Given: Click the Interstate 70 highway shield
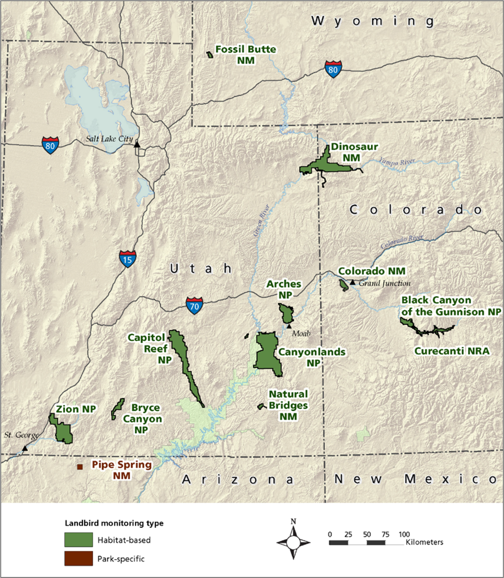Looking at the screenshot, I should point(194,305).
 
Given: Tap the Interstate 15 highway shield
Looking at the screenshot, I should point(128,258).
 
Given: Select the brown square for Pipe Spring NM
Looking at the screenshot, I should point(80,467).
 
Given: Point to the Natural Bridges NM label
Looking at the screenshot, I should point(288,405).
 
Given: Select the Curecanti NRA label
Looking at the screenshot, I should point(452,351).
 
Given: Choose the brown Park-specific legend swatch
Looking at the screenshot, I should point(78,559).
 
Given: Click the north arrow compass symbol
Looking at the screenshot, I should point(293,539).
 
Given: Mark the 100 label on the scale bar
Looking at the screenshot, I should point(404,534).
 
